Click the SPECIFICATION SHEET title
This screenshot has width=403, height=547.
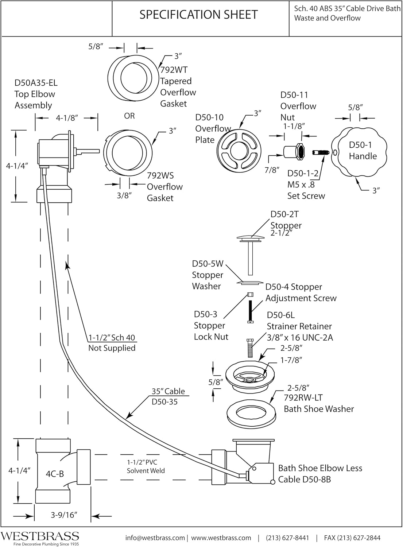tap(199, 15)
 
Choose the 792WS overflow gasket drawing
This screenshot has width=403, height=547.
tap(127, 151)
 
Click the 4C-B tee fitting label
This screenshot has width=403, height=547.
tap(55, 474)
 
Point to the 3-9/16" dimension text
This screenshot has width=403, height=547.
tap(64, 515)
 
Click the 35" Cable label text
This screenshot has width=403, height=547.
tap(168, 391)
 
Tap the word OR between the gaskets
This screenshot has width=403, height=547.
tap(129, 116)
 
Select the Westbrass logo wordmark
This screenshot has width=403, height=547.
tap(40, 536)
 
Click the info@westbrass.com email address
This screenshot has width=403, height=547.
tap(155, 538)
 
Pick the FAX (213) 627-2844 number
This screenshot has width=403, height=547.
tap(352, 538)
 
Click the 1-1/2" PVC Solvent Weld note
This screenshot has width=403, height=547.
tap(146, 466)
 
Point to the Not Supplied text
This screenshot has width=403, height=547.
tap(112, 348)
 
